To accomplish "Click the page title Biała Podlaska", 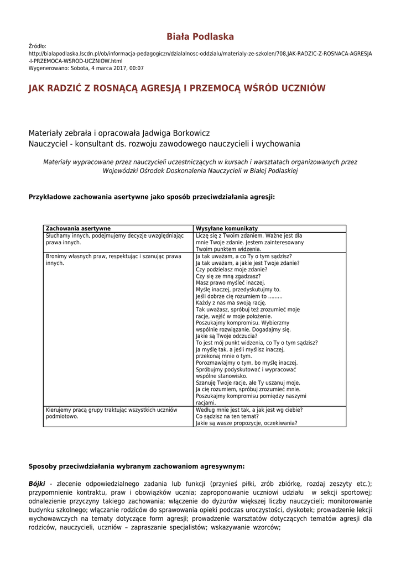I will pos(200,37).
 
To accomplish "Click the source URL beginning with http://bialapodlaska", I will pos(200,54).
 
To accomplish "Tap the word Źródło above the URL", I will pos(38,46).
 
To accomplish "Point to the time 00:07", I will pos(136,69).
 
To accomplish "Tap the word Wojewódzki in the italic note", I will pos(123,171).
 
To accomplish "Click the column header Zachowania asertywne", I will pos(78,228).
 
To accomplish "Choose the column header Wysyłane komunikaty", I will pos(227,228).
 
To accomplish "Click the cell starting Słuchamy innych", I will pos(114,239).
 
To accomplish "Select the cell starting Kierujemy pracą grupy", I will pos(111,413).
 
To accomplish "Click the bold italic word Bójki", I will pos(37,484).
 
